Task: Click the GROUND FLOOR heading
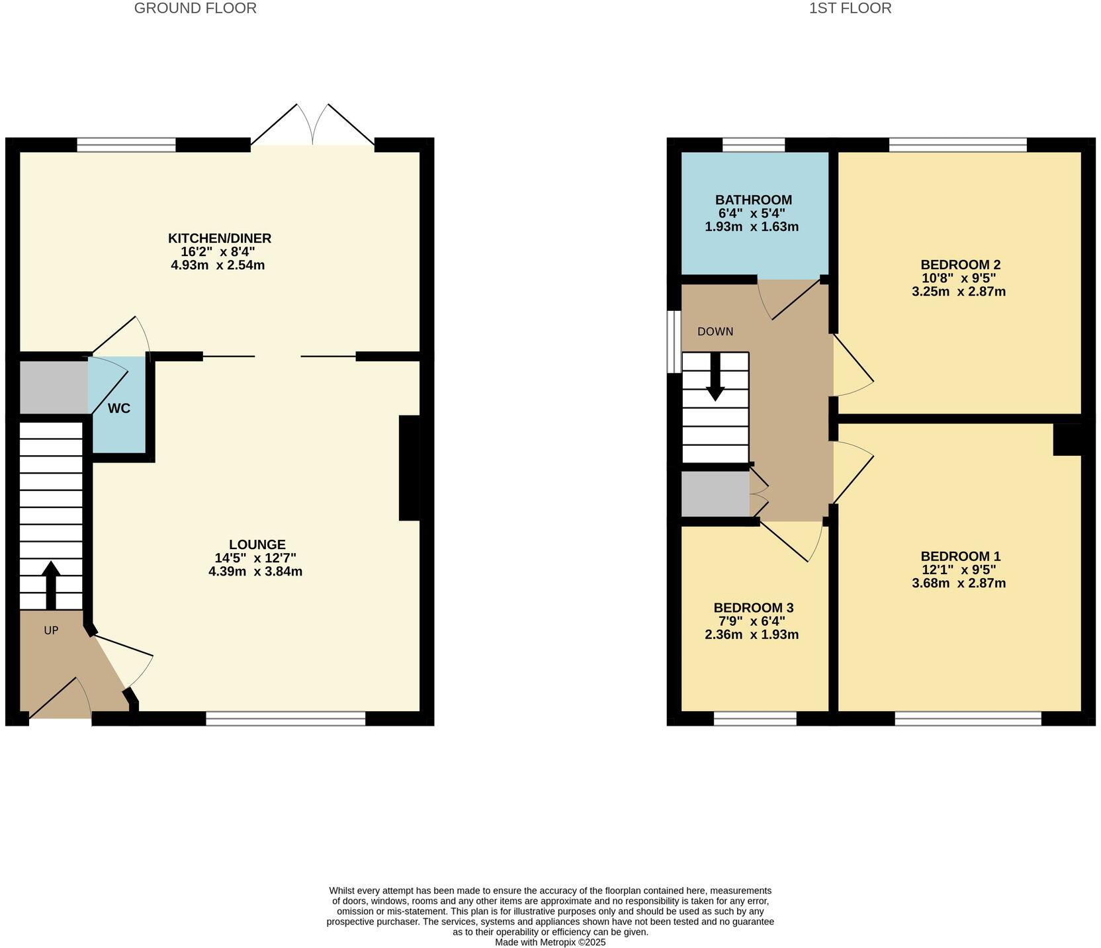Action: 195,9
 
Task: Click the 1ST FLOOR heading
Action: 850,9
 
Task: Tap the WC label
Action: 119,409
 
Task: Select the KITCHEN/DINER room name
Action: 220,238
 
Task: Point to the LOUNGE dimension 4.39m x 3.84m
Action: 255,572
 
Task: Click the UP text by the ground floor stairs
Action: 51,631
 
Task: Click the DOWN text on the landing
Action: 715,331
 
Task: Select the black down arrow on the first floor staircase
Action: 715,376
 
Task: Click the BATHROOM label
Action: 753,200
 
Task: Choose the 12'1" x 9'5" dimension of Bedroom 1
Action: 959,570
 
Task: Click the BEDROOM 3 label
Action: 753,608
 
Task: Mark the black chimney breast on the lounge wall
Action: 410,468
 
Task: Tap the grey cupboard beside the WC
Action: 53,388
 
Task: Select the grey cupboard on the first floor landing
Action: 715,494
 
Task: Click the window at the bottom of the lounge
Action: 286,718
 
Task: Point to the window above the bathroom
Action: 753,145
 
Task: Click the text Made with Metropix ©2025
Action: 550,942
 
